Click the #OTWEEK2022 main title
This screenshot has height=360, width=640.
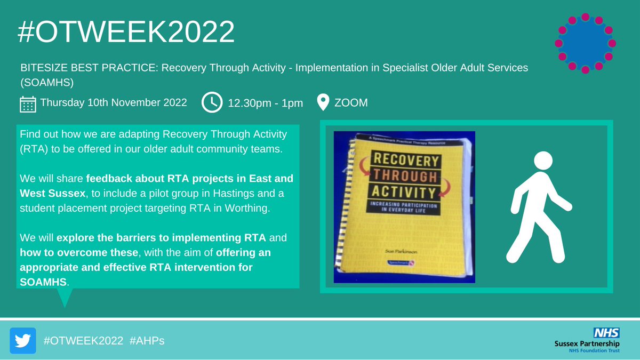126,33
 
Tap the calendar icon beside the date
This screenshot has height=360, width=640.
28,103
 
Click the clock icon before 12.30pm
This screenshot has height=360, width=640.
212,103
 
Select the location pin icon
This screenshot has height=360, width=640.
323,102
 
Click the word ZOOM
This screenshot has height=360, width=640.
351,102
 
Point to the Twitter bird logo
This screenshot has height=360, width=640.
23,340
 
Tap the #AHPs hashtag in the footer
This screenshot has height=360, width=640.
147,340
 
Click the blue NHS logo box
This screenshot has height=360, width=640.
607,331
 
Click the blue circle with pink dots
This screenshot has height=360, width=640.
585,43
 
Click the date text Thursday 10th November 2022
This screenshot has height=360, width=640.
114,102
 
